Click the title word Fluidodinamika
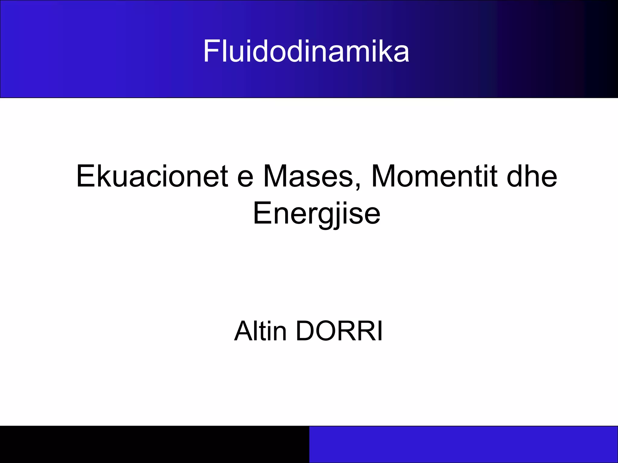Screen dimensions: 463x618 (306, 51)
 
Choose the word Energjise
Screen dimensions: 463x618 (317, 213)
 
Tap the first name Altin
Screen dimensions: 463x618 (260, 331)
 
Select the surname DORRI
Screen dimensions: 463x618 (339, 331)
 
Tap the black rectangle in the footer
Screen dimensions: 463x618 (154, 444)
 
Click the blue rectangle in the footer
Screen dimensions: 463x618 (463, 444)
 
